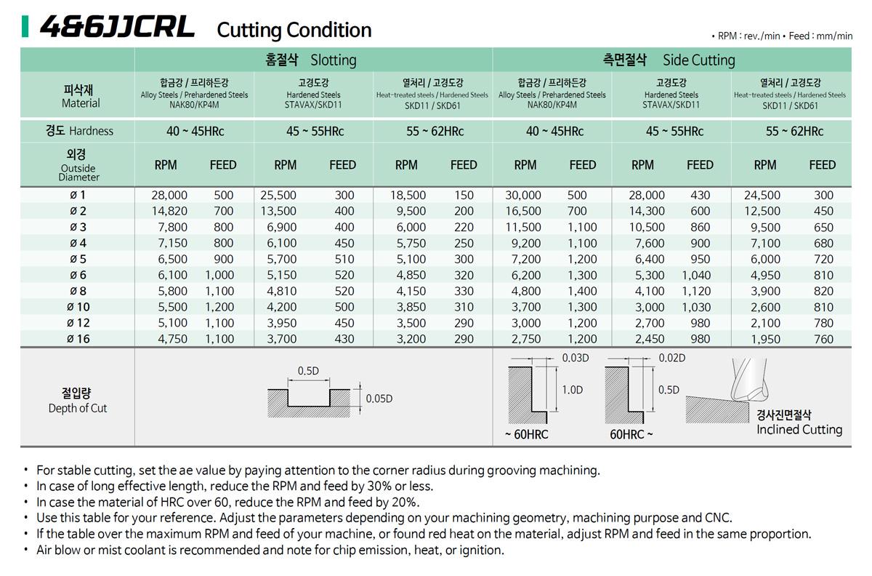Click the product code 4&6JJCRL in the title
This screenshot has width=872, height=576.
point(117,28)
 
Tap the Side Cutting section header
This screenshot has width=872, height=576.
point(669,60)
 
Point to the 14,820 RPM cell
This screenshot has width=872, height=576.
point(169,211)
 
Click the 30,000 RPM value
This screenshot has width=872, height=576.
point(523,195)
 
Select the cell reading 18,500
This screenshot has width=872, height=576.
point(408,195)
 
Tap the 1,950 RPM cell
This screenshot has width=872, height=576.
point(762,339)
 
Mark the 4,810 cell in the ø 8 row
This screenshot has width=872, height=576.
point(281,291)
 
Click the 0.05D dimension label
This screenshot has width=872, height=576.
point(379,399)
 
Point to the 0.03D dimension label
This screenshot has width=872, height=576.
point(576,358)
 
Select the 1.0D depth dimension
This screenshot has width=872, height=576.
point(572,390)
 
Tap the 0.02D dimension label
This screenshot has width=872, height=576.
point(671,358)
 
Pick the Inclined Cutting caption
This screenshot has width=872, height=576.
point(799,429)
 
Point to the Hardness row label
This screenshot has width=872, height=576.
point(80,131)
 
